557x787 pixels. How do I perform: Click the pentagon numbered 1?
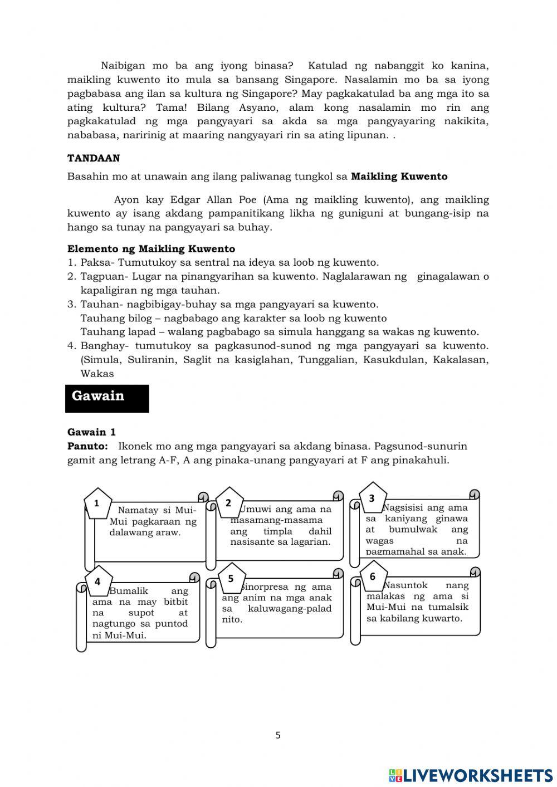pyautogui.click(x=97, y=504)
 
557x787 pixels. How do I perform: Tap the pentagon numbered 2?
pyautogui.click(x=228, y=503)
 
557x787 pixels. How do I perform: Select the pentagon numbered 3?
pyautogui.click(x=372, y=498)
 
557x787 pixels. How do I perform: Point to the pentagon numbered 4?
pyautogui.click(x=98, y=581)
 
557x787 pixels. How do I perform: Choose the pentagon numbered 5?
pyautogui.click(x=231, y=578)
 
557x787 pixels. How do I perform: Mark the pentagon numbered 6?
pyautogui.click(x=373, y=576)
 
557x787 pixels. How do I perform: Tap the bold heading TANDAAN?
pyautogui.click(x=94, y=158)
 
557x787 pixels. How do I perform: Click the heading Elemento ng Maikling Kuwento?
pyautogui.click(x=151, y=248)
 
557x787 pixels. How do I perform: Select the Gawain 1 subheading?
pyautogui.click(x=91, y=432)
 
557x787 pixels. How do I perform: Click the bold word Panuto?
pyautogui.click(x=87, y=446)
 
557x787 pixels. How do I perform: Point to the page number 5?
pyautogui.click(x=278, y=735)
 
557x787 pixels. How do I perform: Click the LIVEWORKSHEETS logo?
pyautogui.click(x=470, y=775)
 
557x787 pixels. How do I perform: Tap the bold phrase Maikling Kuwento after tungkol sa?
pyautogui.click(x=399, y=177)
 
